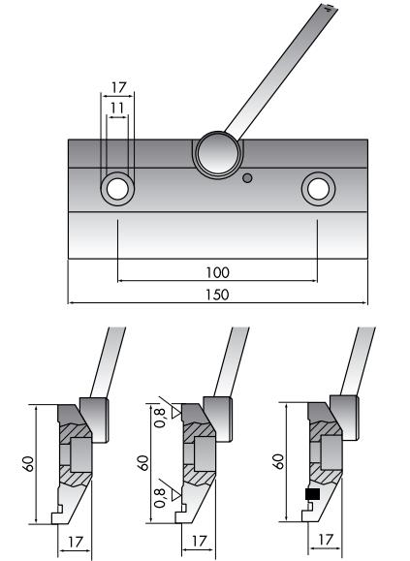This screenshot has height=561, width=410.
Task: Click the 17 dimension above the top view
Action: pos(118,86)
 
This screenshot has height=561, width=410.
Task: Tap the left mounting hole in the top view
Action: pos(118,187)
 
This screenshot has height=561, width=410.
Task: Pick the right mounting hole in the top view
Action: pos(318,187)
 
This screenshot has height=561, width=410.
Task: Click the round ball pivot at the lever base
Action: pos(216,152)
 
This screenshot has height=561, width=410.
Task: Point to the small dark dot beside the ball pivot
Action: pos(249,177)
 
